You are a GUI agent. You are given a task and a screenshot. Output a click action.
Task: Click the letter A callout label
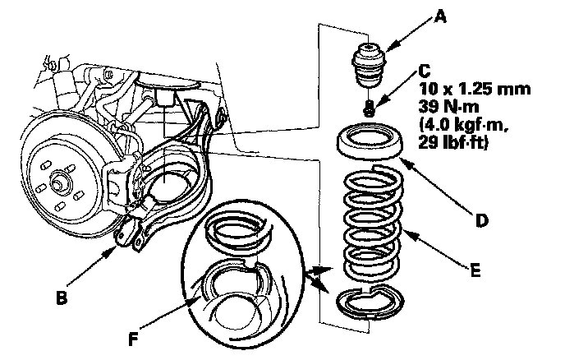click(440, 16)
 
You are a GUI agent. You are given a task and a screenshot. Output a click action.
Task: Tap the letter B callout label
click(62, 298)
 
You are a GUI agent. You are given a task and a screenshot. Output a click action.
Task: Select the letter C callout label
click(425, 71)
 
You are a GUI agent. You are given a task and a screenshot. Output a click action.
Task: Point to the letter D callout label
click(482, 220)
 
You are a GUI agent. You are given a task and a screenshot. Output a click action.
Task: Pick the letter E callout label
click(475, 270)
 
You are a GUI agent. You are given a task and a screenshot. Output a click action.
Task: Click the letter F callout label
click(133, 339)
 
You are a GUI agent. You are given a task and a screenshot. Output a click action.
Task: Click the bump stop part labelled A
click(369, 65)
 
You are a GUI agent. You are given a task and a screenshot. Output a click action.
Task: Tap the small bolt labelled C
click(369, 108)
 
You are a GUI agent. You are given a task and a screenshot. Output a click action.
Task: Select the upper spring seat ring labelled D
click(370, 141)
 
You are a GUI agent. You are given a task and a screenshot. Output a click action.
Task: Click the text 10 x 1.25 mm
click(474, 89)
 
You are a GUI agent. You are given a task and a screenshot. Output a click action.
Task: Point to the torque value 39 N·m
click(448, 107)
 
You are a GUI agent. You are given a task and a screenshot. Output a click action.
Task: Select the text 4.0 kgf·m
click(463, 125)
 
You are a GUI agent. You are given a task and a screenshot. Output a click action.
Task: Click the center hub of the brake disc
click(58, 182)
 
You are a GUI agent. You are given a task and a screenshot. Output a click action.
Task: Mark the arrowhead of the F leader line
click(195, 298)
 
